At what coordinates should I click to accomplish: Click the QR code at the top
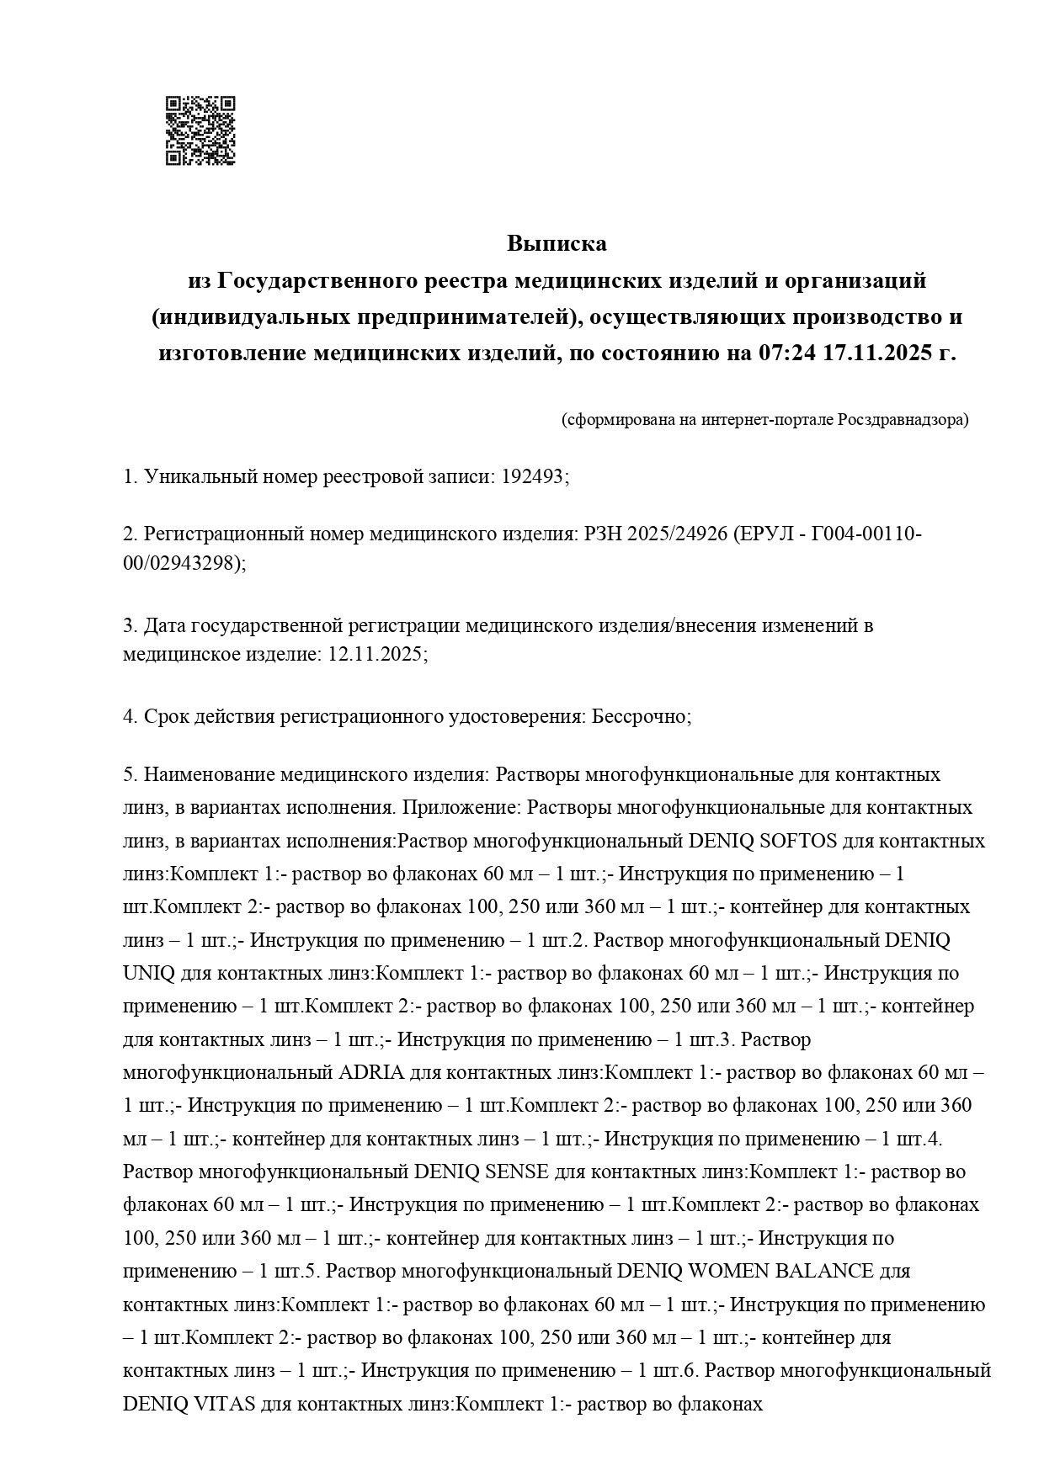point(200,131)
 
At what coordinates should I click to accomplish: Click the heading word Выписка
point(557,244)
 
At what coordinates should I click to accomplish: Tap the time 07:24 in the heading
point(786,353)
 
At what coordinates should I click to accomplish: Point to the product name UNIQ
point(148,974)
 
